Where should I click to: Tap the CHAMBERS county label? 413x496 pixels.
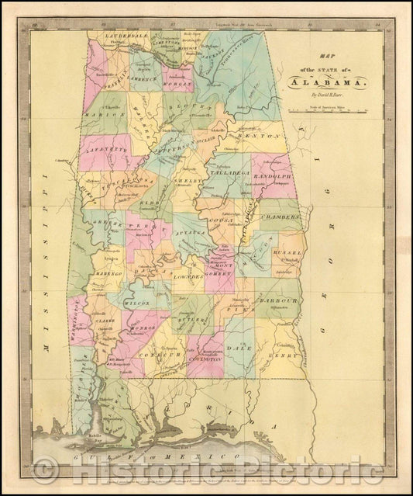tap(280, 219)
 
